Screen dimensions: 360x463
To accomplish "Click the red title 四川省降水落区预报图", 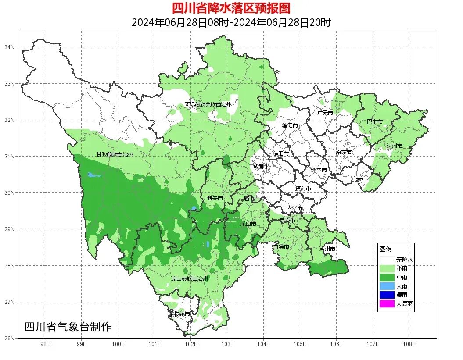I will pyautogui.click(x=231, y=8).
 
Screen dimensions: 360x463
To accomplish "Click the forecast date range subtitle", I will pyautogui.click(x=231, y=22).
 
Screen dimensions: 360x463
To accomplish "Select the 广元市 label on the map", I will pyautogui.click(x=325, y=113).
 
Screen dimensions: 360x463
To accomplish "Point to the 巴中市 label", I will pyautogui.click(x=374, y=122).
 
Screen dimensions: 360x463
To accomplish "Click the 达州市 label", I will pyautogui.click(x=394, y=146).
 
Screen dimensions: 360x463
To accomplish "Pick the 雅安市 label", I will pyautogui.click(x=215, y=198).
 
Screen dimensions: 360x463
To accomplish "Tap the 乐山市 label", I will pyautogui.click(x=248, y=224).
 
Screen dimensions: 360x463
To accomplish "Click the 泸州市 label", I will pyautogui.click(x=327, y=249).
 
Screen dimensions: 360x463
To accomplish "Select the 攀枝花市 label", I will pyautogui.click(x=180, y=314).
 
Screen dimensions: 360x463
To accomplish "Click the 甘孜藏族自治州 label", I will pyautogui.click(x=115, y=155).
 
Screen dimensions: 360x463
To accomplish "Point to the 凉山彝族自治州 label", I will pyautogui.click(x=190, y=279).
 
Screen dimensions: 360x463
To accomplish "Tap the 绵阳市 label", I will pyautogui.click(x=290, y=126).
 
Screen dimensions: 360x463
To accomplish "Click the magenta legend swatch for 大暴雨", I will pyautogui.click(x=387, y=303).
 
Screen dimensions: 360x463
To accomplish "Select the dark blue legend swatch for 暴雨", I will pyautogui.click(x=387, y=295).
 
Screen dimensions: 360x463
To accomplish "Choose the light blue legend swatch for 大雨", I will pyautogui.click(x=387, y=286).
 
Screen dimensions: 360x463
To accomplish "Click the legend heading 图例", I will pyautogui.click(x=385, y=249).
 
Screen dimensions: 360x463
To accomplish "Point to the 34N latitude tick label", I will pyautogui.click(x=10, y=47).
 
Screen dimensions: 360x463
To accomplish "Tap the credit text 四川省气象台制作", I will pyautogui.click(x=68, y=327).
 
